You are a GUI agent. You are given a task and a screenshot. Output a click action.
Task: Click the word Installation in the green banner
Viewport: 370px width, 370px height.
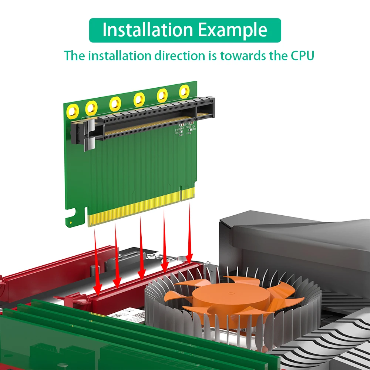(148, 30)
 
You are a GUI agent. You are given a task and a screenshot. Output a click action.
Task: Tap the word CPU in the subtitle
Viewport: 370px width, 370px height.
(300, 56)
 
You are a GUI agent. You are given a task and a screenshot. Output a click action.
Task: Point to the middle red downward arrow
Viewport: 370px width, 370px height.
(141, 248)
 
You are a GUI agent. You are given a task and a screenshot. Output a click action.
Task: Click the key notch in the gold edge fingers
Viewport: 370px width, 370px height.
(180, 195)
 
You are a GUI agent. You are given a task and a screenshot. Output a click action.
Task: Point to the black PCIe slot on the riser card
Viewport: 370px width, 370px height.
(148, 118)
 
